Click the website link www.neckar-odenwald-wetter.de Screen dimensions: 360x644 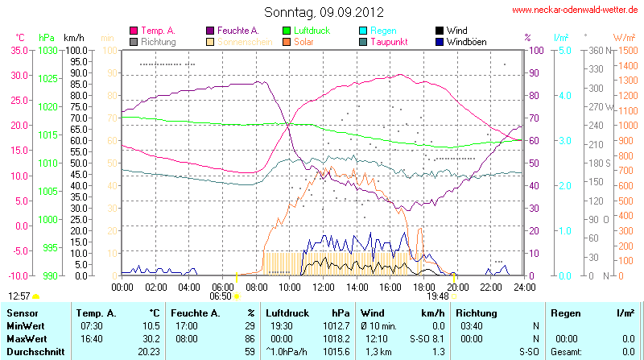coord(576,10)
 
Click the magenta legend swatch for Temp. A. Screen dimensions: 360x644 coord(134,31)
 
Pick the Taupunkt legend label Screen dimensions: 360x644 coord(389,41)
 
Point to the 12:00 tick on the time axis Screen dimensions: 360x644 coord(323,287)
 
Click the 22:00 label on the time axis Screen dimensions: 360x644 coord(491,287)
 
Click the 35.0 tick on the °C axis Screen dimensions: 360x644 coord(16,50)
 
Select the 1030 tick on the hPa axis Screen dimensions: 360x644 coord(47,50)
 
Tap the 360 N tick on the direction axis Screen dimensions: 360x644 coord(597,50)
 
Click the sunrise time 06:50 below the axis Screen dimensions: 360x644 coord(220,296)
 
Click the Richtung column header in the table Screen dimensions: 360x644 coord(475,312)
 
